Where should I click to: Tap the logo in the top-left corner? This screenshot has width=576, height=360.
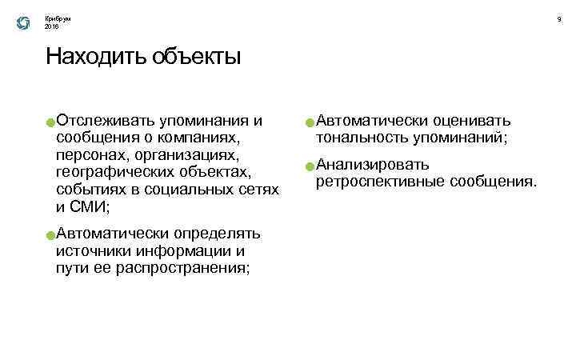click(22, 23)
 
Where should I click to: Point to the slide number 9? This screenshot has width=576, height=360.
click(559, 18)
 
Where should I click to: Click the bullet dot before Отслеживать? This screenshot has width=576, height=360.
click(50, 123)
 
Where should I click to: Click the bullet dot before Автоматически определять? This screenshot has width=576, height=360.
click(50, 236)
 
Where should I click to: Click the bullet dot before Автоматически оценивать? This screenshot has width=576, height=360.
click(309, 123)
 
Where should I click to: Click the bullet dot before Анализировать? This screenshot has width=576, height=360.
click(309, 166)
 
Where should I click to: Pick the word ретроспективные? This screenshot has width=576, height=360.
click(379, 182)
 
